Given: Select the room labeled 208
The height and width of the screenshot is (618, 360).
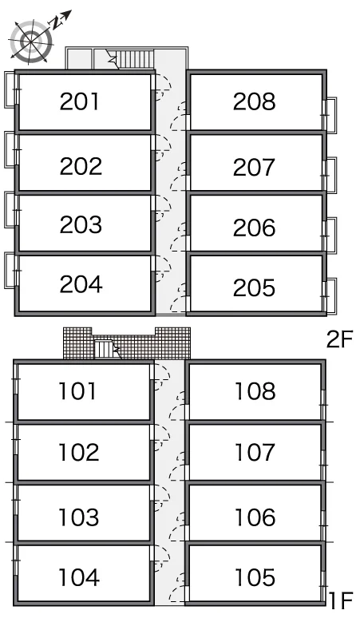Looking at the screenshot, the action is (254, 101).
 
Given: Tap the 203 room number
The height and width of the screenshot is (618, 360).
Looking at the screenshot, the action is (81, 224).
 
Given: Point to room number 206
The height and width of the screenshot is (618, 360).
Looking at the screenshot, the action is (254, 228).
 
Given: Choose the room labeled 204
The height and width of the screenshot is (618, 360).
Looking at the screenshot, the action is (81, 283).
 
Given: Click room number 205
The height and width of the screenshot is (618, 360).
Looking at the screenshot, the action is (254, 287).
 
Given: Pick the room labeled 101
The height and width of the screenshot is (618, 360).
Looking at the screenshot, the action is (77, 391).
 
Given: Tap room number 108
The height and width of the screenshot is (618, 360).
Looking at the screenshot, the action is (255, 391).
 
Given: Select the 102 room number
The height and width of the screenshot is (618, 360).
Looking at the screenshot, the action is (79, 452).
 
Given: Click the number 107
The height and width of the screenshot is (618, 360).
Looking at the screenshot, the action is (255, 452).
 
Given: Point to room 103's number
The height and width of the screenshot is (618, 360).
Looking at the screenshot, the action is (79, 517).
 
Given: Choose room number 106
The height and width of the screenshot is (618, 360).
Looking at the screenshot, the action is (255, 517).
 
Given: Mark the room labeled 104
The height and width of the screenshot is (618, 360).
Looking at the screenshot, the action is (79, 577).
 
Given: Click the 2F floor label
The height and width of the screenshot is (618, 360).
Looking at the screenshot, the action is (339, 339).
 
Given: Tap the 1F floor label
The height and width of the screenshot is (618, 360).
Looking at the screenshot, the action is (340, 600).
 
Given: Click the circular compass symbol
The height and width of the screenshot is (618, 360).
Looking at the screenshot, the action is (31, 41).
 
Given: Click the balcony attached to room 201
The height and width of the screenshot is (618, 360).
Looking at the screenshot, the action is (10, 89).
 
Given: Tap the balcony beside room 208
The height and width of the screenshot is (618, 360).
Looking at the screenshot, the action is (330, 115).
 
